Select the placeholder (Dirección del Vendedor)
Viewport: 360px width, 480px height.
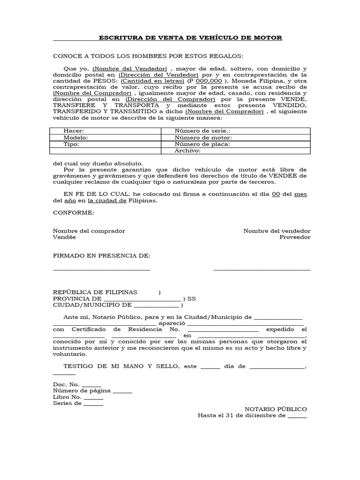(x=159, y=75)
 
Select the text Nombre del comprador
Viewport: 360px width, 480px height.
(x=89, y=231)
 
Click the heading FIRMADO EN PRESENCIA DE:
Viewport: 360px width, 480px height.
(x=101, y=255)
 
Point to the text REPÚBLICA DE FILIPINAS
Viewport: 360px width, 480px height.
(x=95, y=292)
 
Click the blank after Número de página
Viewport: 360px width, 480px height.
(x=122, y=390)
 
